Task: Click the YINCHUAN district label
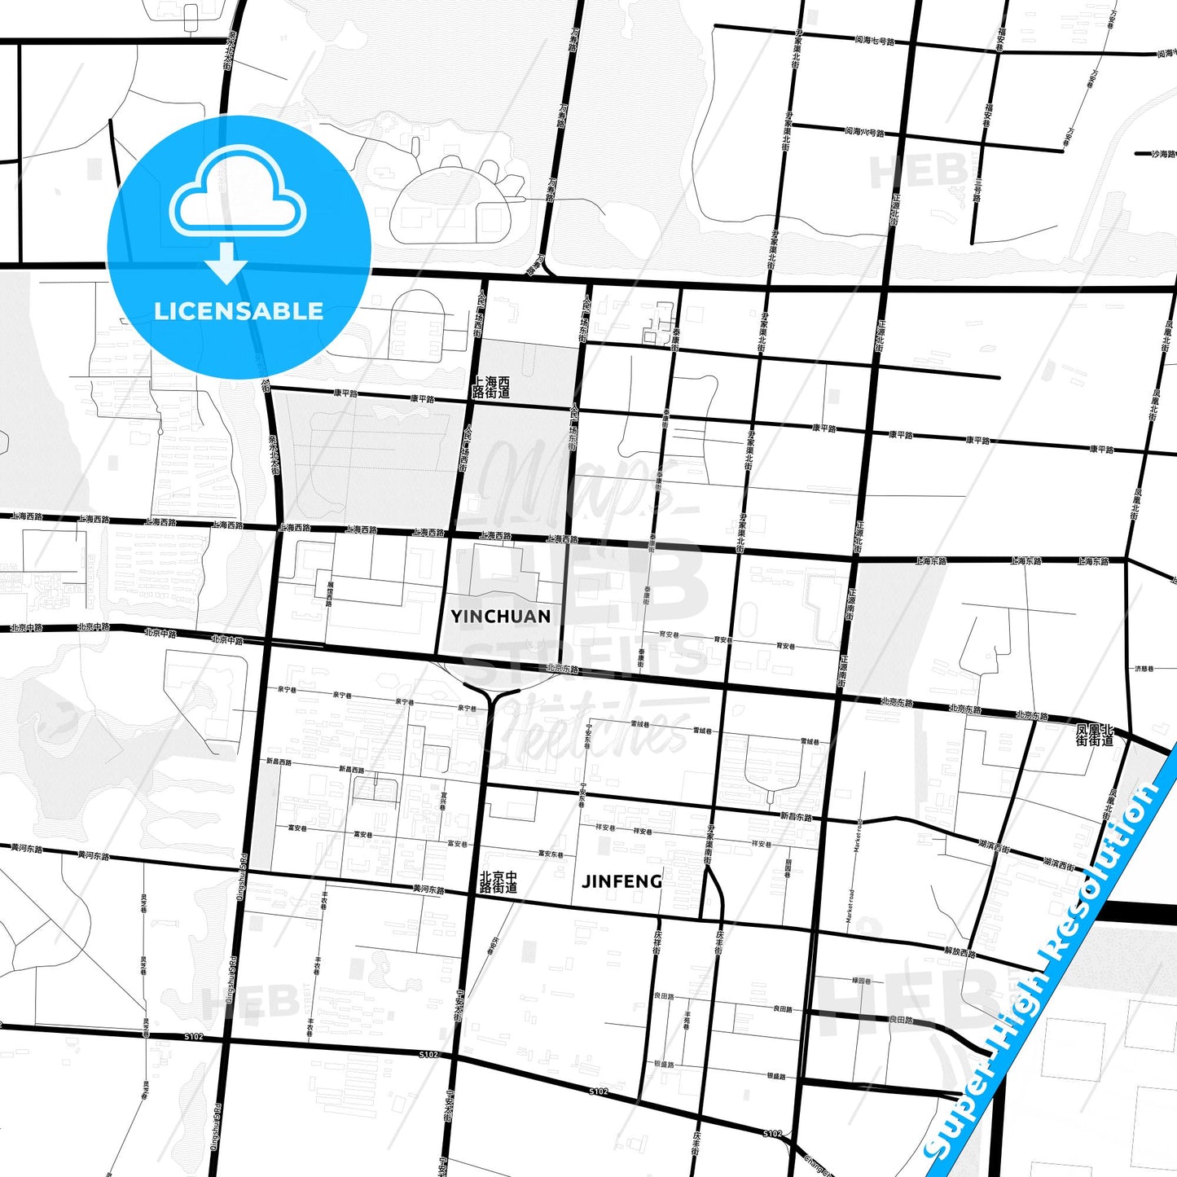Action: click(500, 617)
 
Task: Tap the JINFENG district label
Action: click(621, 881)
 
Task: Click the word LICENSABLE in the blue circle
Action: click(239, 311)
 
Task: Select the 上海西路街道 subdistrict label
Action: click(491, 387)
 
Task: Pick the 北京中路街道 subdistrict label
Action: click(498, 881)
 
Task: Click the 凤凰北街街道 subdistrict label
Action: click(1094, 736)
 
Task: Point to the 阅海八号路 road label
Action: click(863, 131)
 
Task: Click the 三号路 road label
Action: click(977, 191)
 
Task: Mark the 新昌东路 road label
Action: click(796, 816)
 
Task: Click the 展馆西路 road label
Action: click(330, 594)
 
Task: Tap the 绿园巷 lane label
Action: click(861, 982)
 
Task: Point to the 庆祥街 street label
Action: click(657, 942)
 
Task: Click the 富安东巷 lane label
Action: click(551, 854)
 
